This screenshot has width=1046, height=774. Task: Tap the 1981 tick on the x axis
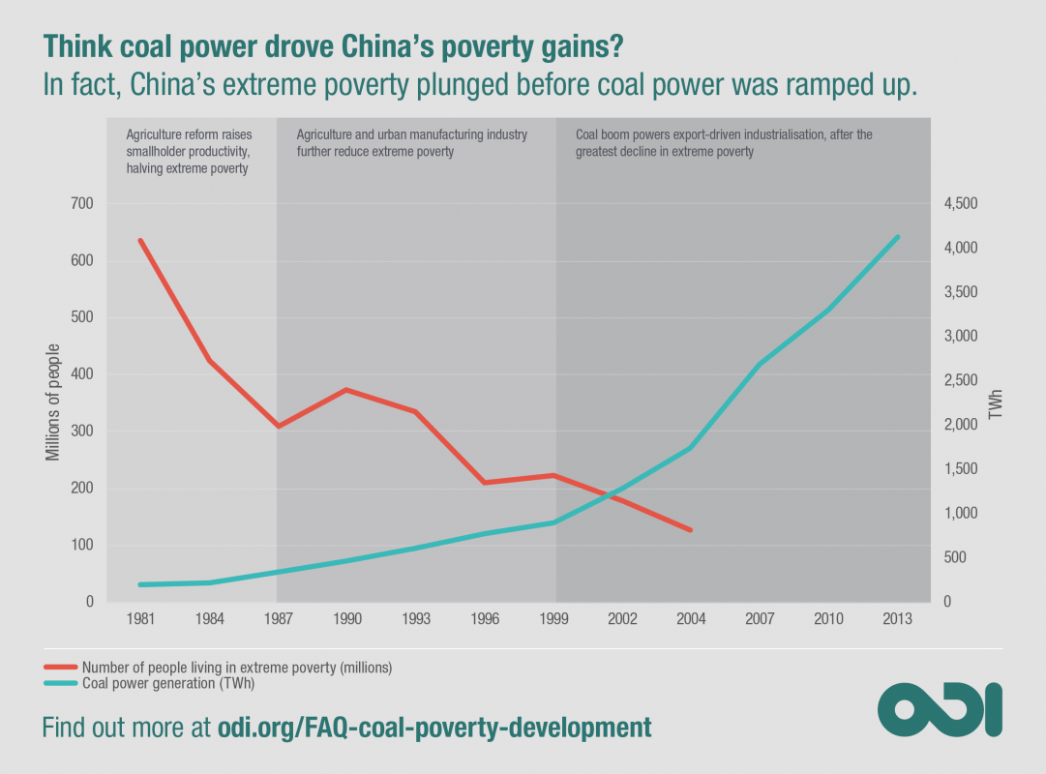pyautogui.click(x=140, y=619)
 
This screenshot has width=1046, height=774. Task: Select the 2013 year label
pyautogui.click(x=898, y=619)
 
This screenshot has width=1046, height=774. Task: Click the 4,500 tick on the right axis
pyautogui.click(x=962, y=203)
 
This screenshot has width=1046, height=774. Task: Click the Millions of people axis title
pyautogui.click(x=53, y=402)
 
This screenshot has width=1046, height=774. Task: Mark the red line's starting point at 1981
pyautogui.click(x=140, y=240)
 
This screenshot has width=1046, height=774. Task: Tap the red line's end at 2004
pyautogui.click(x=691, y=530)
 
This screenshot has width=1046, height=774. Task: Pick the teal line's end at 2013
pyautogui.click(x=898, y=237)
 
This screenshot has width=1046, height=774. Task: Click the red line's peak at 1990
pyautogui.click(x=346, y=390)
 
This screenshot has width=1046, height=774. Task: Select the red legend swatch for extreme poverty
pyautogui.click(x=59, y=668)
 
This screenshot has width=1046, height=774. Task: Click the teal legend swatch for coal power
pyautogui.click(x=59, y=682)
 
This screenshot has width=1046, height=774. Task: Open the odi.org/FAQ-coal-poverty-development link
pyautogui.click(x=433, y=728)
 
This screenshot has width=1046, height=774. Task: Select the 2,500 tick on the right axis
pyautogui.click(x=962, y=380)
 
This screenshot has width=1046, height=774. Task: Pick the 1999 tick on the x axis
pyautogui.click(x=553, y=619)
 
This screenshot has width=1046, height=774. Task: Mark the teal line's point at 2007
pyautogui.click(x=760, y=365)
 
